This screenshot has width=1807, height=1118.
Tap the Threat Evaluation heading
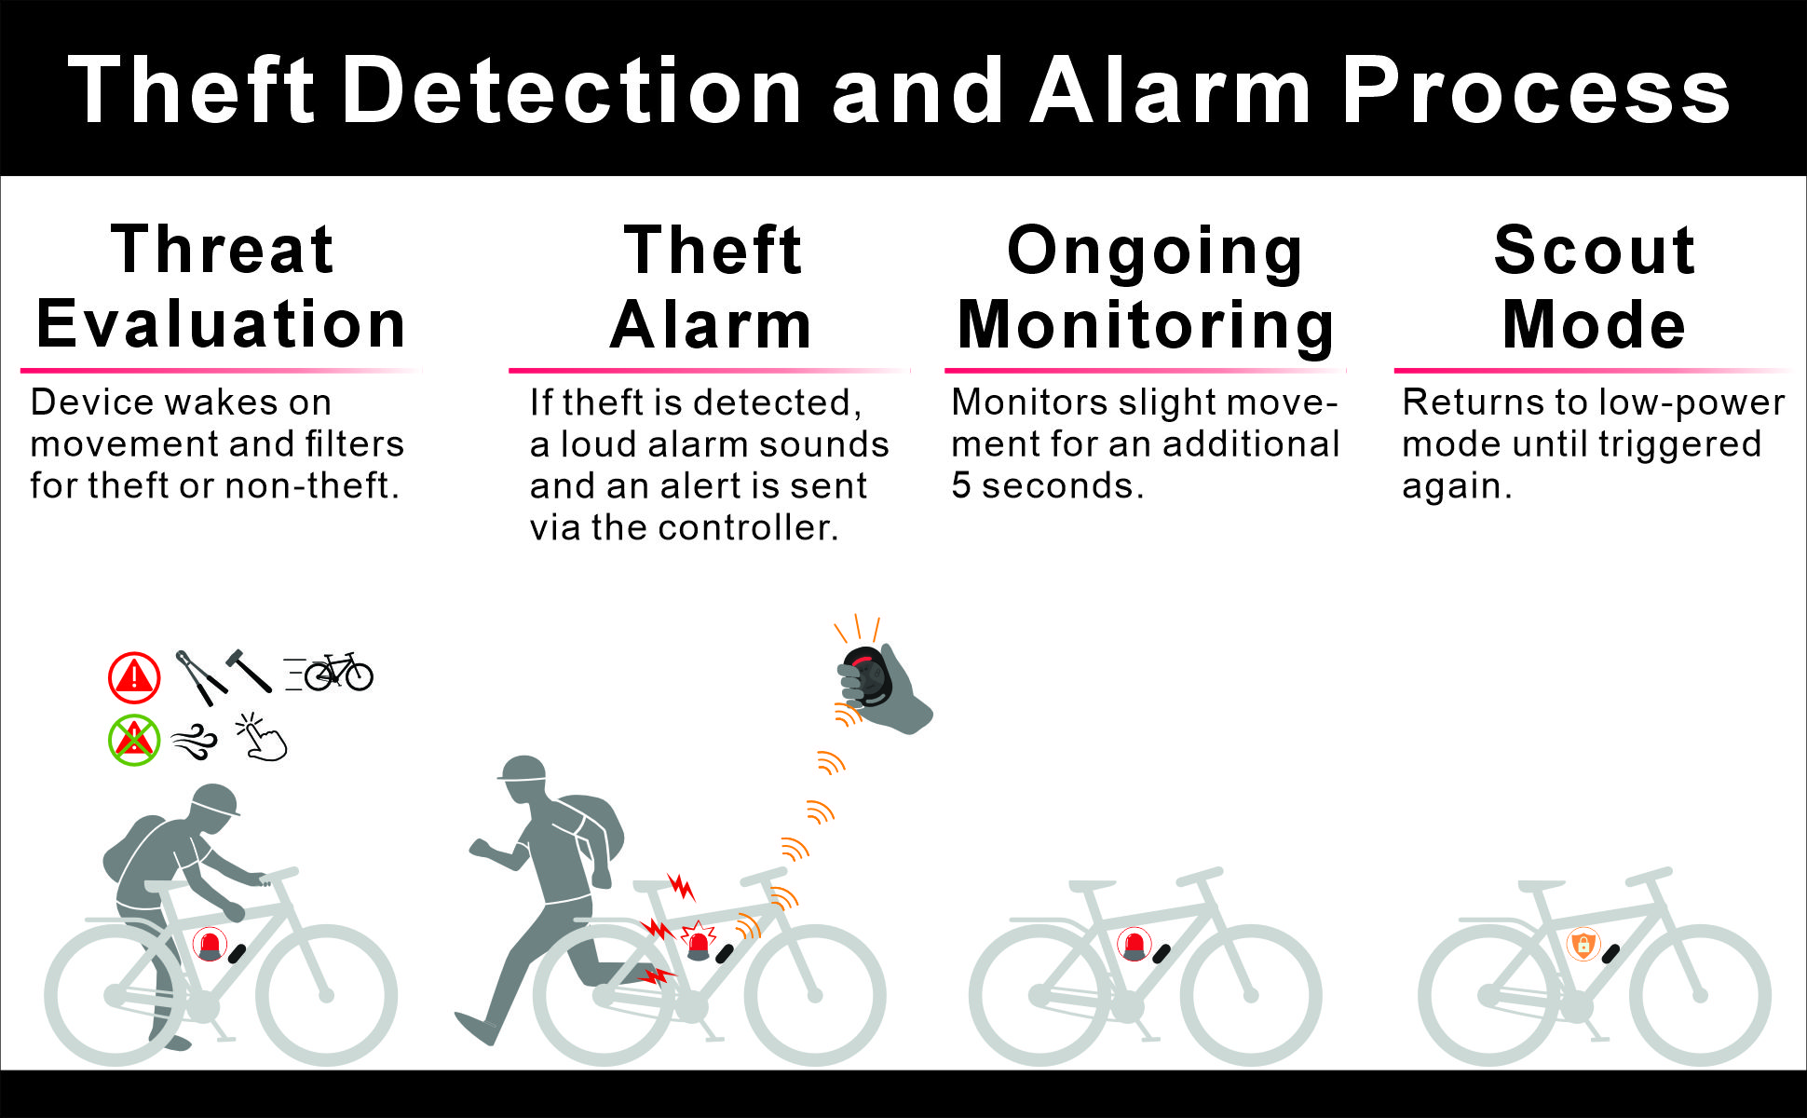(222, 287)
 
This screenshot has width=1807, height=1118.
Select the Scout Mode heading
(1595, 287)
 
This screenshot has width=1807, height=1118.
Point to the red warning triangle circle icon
(134, 677)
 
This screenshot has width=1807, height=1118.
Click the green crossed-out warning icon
(134, 741)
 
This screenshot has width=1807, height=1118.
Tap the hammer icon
(249, 670)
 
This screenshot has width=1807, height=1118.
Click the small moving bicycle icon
(330, 672)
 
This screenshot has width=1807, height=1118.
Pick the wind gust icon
(195, 742)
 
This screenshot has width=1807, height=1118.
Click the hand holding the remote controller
(884, 689)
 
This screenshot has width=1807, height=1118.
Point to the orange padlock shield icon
(1583, 945)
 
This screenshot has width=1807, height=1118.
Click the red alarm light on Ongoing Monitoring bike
(1134, 945)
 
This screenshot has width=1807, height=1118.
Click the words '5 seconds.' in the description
(1048, 485)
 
